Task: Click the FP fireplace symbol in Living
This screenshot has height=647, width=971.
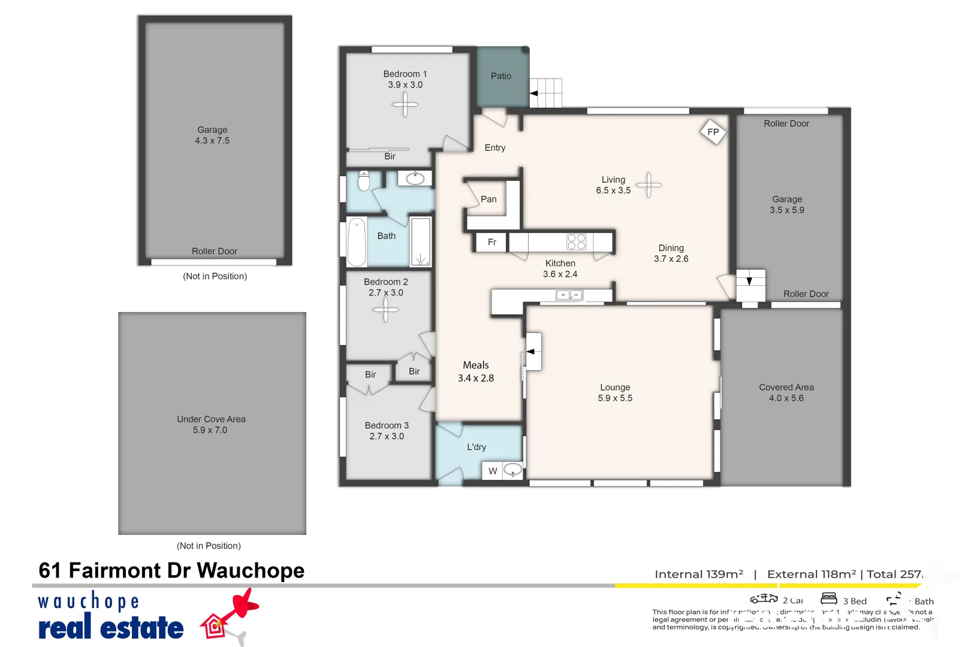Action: pyautogui.click(x=713, y=132)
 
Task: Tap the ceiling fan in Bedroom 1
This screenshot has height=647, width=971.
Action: pyautogui.click(x=405, y=105)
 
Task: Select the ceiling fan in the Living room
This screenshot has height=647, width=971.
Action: pyautogui.click(x=649, y=185)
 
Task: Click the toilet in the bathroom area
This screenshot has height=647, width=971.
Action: pyautogui.click(x=364, y=180)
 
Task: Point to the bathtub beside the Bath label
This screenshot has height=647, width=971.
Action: pyautogui.click(x=357, y=241)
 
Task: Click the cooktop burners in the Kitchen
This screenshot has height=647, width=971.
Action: pyautogui.click(x=576, y=242)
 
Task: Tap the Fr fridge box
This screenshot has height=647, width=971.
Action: pyautogui.click(x=491, y=242)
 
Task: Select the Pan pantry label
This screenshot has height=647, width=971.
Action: pyautogui.click(x=488, y=199)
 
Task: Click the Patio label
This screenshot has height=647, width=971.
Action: pyautogui.click(x=501, y=76)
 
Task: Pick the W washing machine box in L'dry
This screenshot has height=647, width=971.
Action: pyautogui.click(x=493, y=471)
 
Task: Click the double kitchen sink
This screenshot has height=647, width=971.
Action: pyautogui.click(x=569, y=295)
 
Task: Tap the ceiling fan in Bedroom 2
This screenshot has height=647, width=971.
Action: pyautogui.click(x=385, y=310)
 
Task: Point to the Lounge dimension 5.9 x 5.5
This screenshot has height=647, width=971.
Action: pyautogui.click(x=615, y=398)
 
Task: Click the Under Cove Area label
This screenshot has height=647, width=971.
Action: pyautogui.click(x=211, y=419)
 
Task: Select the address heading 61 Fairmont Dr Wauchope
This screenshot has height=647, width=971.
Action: pyautogui.click(x=171, y=570)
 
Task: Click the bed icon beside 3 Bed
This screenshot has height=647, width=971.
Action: pyautogui.click(x=829, y=598)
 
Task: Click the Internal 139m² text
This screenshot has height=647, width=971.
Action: pyautogui.click(x=699, y=574)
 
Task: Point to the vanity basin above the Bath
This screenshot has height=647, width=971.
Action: pyautogui.click(x=415, y=179)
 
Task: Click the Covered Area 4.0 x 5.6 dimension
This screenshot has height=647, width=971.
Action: pyautogui.click(x=786, y=398)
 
